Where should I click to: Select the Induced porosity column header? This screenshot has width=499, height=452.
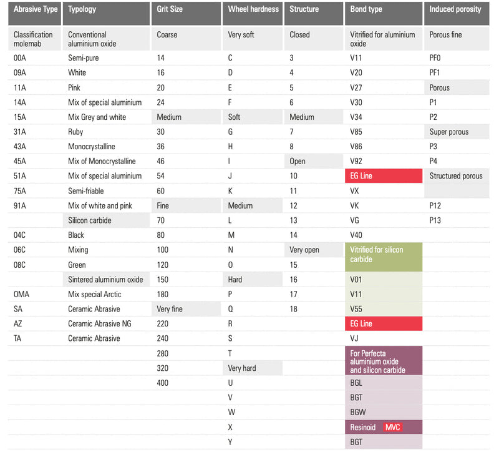coord(455,9)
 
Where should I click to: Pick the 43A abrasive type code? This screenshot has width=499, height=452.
coord(20,147)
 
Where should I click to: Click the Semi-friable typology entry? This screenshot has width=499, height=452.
coord(87,191)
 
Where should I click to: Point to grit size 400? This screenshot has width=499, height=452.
coord(163,383)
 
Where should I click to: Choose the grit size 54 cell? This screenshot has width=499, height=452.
coord(161,176)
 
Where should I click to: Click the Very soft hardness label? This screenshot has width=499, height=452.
coord(241,35)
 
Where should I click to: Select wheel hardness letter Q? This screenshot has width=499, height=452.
coord(231,309)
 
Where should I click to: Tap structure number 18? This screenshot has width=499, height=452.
coord(293,309)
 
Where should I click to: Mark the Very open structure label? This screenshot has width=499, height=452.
coord(304,250)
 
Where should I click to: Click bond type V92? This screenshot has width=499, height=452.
coord(356,161)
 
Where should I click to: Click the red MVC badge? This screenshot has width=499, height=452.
coord(392,427)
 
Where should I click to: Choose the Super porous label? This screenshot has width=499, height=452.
coord(448,132)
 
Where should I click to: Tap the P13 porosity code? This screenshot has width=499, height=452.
coord(435,220)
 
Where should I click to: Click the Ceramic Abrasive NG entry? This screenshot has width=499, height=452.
coord(100,323)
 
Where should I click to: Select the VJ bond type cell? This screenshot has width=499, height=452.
coord(355,338)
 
